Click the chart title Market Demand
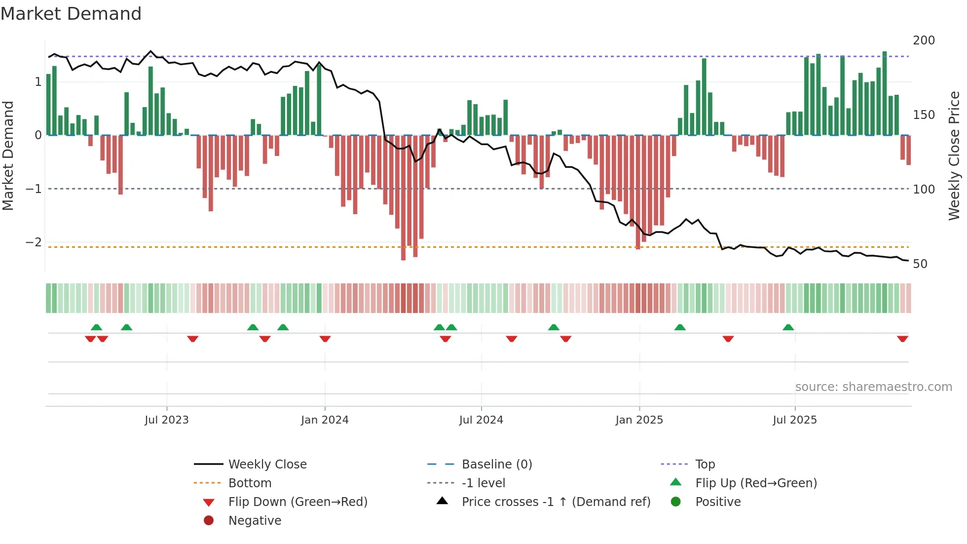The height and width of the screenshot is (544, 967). (x=71, y=14)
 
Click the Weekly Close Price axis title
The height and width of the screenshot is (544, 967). (x=954, y=155)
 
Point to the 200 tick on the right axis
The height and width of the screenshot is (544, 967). (x=924, y=40)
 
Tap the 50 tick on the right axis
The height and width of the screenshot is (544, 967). (x=920, y=264)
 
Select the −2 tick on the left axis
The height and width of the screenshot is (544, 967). (x=34, y=242)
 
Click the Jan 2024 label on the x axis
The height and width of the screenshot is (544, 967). (x=325, y=420)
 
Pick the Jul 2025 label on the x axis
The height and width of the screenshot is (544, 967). (x=795, y=420)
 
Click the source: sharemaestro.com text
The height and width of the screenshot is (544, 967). (x=873, y=387)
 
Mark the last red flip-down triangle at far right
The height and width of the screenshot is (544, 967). (x=902, y=339)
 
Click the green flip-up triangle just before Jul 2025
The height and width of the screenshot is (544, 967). (x=788, y=327)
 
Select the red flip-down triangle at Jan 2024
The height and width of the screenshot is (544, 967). (x=325, y=339)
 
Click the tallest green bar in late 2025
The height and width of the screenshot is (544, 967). (x=885, y=94)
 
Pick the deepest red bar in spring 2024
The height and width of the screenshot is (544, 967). (x=403, y=197)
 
